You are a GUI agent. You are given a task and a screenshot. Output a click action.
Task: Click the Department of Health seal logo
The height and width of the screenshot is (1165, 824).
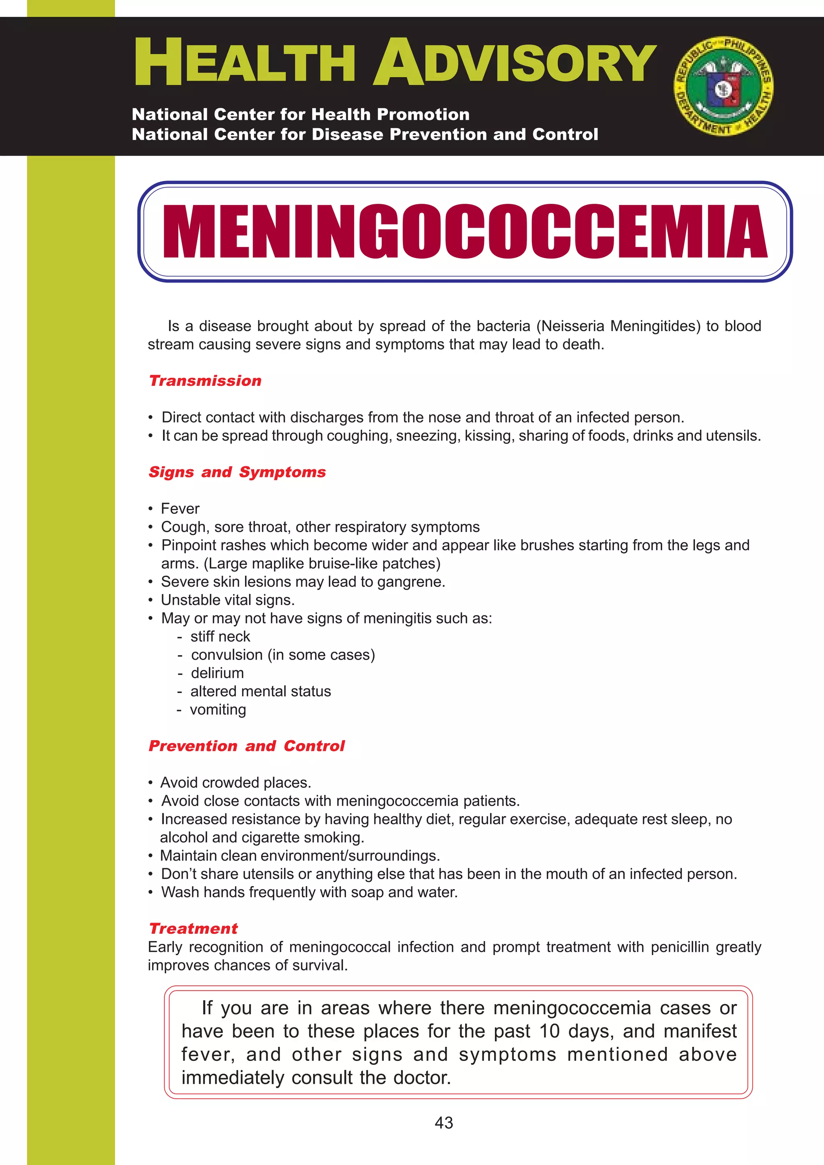point(723,86)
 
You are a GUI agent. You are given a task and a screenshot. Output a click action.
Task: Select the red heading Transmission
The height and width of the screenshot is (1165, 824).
point(205,381)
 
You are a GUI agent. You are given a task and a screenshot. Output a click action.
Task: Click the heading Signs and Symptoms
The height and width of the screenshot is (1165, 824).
point(237,472)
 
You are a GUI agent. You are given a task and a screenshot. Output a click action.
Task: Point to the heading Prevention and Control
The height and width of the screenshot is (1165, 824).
point(246,746)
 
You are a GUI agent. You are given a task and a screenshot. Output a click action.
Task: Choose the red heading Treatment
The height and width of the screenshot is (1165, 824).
point(194,929)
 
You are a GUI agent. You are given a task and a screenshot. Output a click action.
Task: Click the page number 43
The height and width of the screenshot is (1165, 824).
point(444,1123)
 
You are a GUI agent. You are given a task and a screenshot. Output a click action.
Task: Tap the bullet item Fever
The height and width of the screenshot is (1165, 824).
point(180,509)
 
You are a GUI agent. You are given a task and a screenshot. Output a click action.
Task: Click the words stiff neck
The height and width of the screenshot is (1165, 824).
point(220,636)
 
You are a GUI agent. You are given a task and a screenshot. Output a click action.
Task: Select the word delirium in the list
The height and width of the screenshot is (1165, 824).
point(217,673)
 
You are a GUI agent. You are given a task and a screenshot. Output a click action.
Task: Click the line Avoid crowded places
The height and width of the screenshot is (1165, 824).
point(236,782)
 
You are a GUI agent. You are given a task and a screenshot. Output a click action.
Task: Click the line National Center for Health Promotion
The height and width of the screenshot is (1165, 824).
point(301,114)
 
